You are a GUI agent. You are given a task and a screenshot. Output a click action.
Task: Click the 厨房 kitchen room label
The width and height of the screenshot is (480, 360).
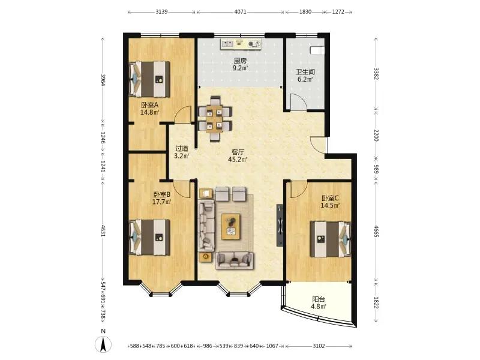tap(240, 61)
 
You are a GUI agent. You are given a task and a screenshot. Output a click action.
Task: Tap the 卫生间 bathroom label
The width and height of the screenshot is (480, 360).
tap(305, 72)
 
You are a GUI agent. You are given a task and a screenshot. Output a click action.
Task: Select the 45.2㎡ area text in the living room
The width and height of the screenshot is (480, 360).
tap(238, 160)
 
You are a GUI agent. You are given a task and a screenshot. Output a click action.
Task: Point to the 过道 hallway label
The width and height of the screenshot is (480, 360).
tap(182, 148)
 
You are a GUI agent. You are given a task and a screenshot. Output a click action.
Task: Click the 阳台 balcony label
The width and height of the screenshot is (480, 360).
tap(319, 299)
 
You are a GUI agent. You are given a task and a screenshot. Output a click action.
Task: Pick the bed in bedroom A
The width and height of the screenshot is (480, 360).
tap(149, 79)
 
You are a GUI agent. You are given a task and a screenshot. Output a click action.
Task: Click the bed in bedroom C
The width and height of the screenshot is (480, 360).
tap(331, 239)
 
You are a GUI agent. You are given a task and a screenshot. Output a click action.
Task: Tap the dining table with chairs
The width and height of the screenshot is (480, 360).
tap(215, 119)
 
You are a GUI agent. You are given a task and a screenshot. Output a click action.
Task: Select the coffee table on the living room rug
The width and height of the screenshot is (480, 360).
tap(230, 227)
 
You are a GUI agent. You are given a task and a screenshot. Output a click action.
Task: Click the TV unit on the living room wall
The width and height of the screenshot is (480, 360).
tap(280, 225)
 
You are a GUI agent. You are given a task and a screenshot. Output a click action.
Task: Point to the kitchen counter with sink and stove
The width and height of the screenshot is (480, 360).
tap(241, 44)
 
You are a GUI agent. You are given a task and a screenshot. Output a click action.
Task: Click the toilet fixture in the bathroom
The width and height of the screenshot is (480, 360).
tap(317, 50)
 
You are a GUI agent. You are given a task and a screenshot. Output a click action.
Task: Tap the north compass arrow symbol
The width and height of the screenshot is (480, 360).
tap(103, 344)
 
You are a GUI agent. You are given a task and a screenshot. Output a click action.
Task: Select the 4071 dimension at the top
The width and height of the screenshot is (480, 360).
tap(241, 12)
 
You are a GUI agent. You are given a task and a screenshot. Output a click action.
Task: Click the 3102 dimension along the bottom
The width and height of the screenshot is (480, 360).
tap(319, 346)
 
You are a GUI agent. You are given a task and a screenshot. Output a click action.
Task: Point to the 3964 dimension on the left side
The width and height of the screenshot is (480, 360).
tap(103, 80)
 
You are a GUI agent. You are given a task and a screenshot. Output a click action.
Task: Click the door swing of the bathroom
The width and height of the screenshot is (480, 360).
tap(298, 102)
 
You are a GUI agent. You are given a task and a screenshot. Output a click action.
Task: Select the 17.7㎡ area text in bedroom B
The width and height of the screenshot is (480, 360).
tap(161, 202)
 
